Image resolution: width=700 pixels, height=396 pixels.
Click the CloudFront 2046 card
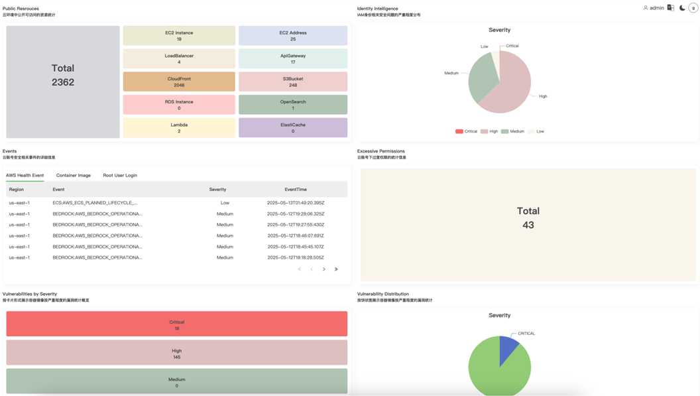pyautogui.click(x=179, y=82)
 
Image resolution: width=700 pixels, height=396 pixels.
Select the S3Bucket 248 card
pyautogui.click(x=292, y=82)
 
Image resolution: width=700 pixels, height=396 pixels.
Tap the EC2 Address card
pyautogui.click(x=292, y=36)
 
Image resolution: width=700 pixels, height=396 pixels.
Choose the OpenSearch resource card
pyautogui.click(x=292, y=105)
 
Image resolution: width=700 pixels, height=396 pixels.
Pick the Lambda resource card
pyautogui.click(x=179, y=127)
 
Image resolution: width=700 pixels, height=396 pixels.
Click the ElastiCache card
pyautogui.click(x=292, y=127)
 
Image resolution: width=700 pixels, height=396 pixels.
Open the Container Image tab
pyautogui.click(x=74, y=175)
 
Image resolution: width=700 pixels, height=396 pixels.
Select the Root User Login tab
pyautogui.click(x=120, y=175)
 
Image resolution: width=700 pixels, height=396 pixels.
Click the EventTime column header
pyautogui.click(x=296, y=189)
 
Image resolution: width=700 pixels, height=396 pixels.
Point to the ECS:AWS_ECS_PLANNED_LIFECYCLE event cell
pyautogui.click(x=95, y=203)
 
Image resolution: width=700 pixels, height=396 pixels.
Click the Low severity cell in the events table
pyautogui.click(x=225, y=203)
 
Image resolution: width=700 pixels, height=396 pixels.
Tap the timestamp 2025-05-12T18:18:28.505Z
pyautogui.click(x=296, y=257)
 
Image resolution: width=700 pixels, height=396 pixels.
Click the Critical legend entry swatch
pyautogui.click(x=459, y=131)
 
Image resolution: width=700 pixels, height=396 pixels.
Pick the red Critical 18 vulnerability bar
pyautogui.click(x=176, y=324)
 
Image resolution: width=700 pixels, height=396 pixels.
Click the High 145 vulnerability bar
pyautogui.click(x=176, y=353)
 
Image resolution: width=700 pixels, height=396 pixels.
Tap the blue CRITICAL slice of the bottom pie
pyautogui.click(x=508, y=348)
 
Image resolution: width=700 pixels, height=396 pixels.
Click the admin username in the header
pyautogui.click(x=656, y=8)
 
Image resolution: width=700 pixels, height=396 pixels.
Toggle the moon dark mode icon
pyautogui.click(x=682, y=8)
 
